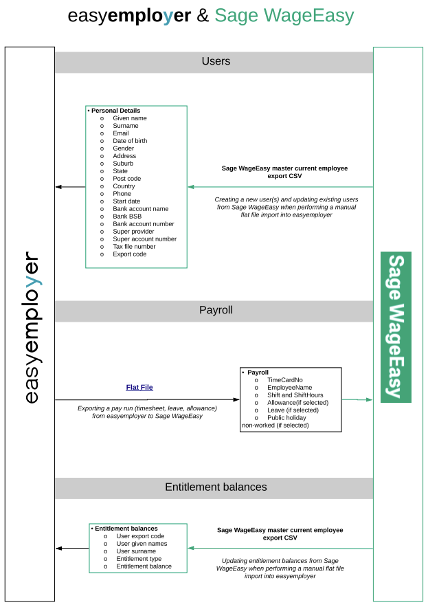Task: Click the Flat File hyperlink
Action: [139, 387]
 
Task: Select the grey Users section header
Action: [214, 62]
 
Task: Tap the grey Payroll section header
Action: [214, 311]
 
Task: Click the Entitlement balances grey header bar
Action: [214, 488]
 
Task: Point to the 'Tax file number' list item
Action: [134, 247]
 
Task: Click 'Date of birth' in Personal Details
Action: [130, 141]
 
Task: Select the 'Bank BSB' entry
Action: [127, 217]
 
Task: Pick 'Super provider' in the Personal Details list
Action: [133, 232]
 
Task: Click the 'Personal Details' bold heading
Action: [115, 111]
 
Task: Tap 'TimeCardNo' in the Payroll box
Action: [285, 380]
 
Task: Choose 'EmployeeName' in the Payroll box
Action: [289, 388]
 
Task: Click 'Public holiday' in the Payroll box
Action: [286, 418]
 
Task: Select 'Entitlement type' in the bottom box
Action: [139, 559]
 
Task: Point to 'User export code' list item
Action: [140, 536]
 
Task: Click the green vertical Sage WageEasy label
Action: [396, 327]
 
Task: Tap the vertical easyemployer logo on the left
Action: [32, 327]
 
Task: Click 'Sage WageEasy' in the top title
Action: [284, 16]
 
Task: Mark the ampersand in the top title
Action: [203, 16]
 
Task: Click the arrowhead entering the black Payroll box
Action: [236, 399]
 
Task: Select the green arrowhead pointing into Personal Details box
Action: [191, 187]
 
